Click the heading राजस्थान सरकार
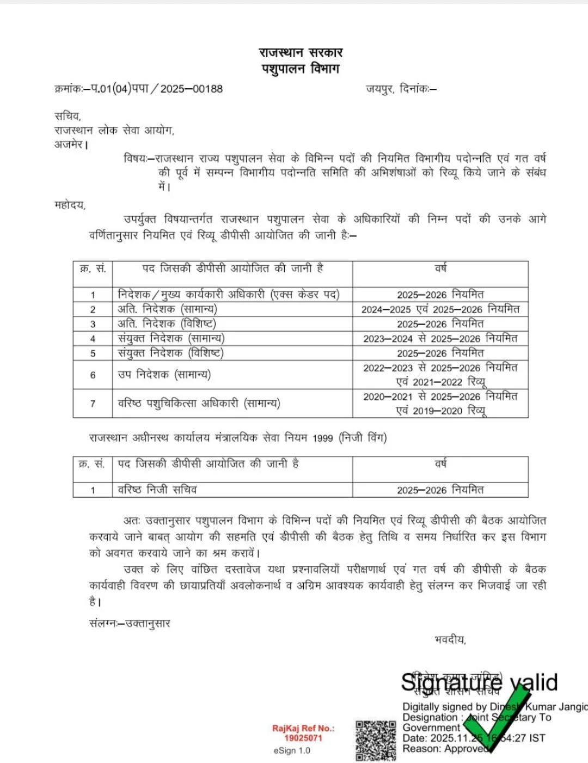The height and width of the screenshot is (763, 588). pos(301,53)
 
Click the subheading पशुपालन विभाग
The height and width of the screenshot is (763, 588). pos(301,69)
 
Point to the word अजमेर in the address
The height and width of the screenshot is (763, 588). pos(69,145)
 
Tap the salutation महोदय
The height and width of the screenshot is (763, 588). pos(70,205)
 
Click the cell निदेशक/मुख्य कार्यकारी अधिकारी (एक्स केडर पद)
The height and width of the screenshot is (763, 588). pos(229,295)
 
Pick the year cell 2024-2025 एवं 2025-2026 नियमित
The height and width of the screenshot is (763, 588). pos(440,309)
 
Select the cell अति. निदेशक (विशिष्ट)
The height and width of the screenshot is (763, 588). pos(167,324)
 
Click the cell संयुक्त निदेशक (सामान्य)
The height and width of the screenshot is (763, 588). pos(171,338)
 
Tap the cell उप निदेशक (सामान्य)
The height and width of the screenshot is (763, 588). pos(164,375)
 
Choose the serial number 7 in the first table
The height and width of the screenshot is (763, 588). pos(93,404)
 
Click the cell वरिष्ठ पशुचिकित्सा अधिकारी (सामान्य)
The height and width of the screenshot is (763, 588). pos(199,404)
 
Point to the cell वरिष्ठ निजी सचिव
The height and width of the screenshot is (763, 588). pos(157,490)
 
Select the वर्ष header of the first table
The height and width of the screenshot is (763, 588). pos(440,268)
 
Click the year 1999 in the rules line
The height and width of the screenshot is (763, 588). pos(322,438)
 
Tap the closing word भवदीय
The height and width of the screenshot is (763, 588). pos(450,640)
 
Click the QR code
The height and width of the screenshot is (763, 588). pos(376,740)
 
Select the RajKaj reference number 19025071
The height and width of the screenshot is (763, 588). pos(303,738)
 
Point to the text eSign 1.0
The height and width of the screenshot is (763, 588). pos(292,750)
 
